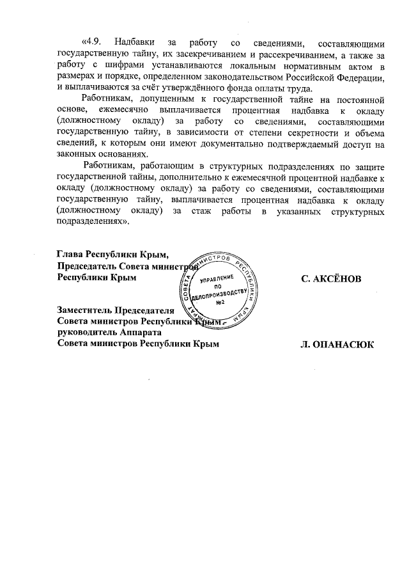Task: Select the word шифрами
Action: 117,67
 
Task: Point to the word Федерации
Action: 362,77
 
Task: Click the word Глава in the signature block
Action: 70,255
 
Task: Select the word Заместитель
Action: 84,310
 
